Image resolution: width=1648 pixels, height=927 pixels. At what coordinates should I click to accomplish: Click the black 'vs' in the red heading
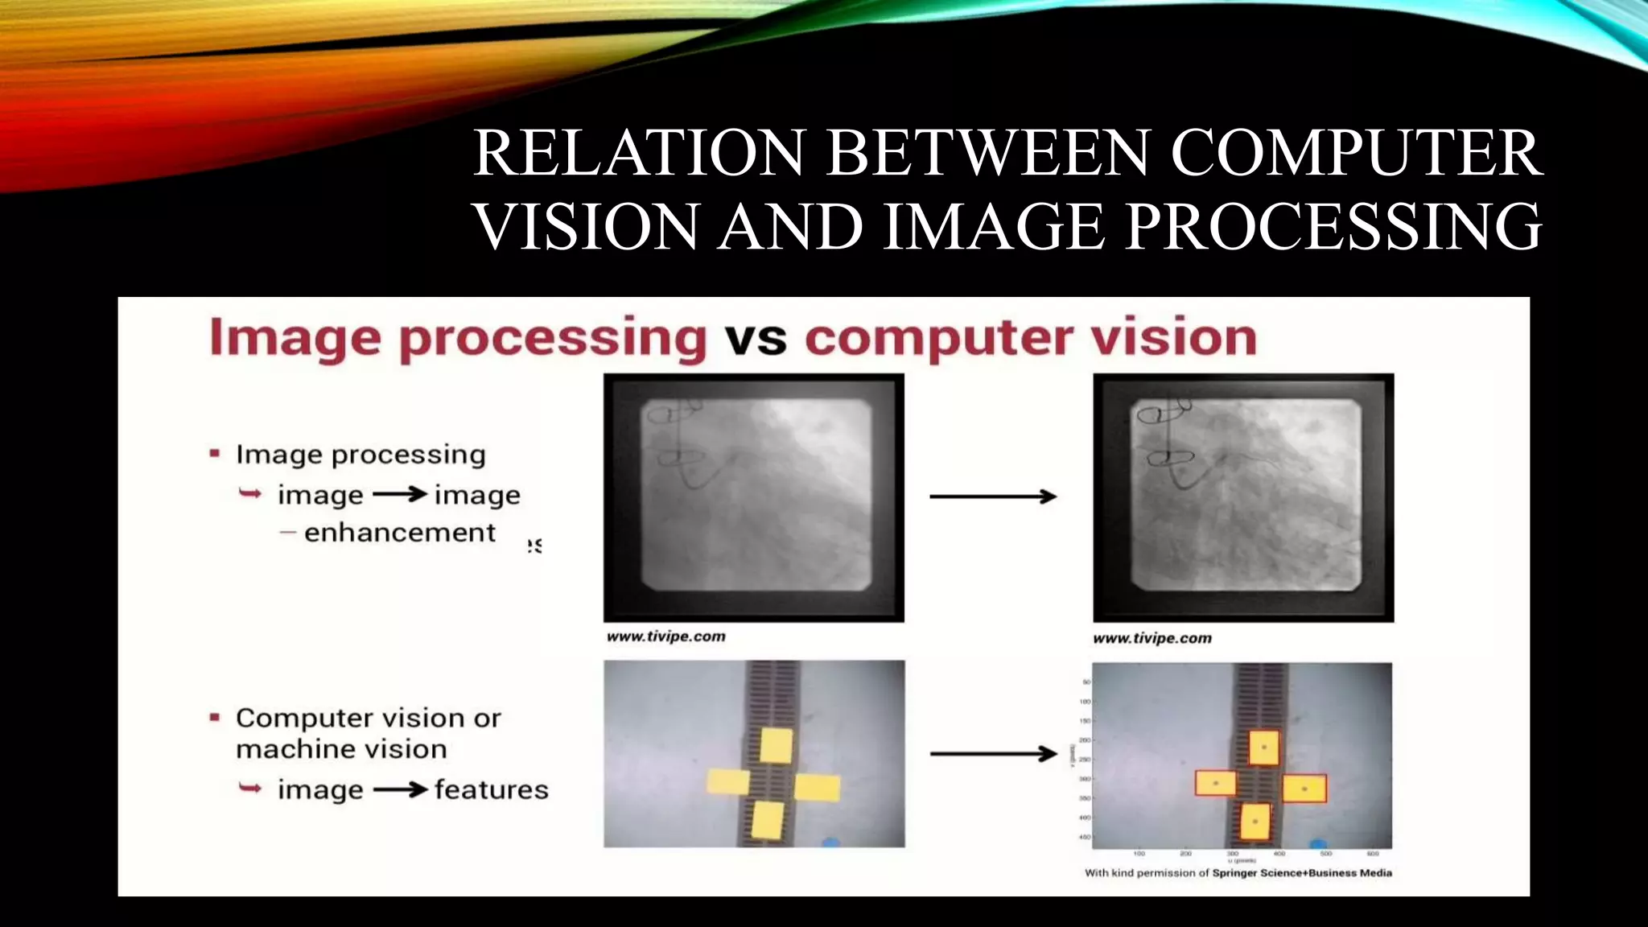(756, 338)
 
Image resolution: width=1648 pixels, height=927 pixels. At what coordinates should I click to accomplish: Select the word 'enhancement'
(399, 533)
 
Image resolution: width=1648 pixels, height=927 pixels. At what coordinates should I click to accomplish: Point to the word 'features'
(491, 789)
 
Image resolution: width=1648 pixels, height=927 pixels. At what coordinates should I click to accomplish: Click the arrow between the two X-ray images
(993, 496)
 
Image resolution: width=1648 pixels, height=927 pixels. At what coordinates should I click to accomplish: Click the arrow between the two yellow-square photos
(993, 754)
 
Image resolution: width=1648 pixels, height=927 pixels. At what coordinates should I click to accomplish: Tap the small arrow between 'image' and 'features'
(400, 790)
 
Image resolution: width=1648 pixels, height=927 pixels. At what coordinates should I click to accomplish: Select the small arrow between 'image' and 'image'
(400, 494)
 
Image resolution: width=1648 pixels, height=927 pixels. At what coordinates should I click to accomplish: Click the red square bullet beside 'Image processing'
(215, 454)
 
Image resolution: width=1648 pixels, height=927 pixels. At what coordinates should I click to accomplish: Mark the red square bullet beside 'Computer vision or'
(215, 717)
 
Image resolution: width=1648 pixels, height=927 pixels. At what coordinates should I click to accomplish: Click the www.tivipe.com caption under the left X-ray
(666, 637)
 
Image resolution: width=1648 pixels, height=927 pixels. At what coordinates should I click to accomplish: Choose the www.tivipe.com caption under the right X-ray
(1152, 638)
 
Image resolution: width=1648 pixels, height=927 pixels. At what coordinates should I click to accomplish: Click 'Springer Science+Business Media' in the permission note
(1302, 872)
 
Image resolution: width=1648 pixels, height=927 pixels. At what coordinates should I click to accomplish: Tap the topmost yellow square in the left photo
(776, 745)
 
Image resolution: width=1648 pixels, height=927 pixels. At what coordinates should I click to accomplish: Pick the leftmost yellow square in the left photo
(728, 781)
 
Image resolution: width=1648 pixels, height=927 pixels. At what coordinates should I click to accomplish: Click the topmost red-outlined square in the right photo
(1263, 748)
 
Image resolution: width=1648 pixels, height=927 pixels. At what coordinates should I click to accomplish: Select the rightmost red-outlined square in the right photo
(1304, 789)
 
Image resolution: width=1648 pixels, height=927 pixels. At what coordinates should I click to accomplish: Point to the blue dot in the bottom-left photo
(830, 843)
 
